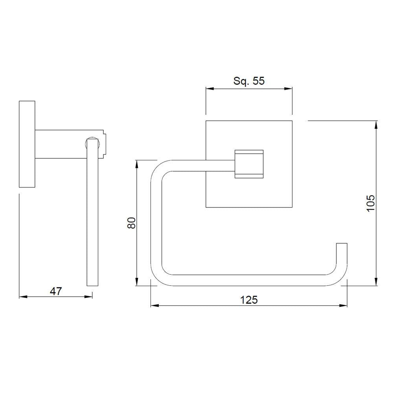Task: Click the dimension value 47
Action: coord(56,291)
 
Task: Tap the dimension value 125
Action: coord(249,300)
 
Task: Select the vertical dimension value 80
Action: coord(132,223)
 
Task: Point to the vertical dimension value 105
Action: coord(371,203)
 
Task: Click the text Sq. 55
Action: coord(249,81)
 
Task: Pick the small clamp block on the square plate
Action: coord(249,164)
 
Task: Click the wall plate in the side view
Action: coord(27,144)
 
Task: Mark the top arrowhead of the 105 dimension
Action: coord(376,124)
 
